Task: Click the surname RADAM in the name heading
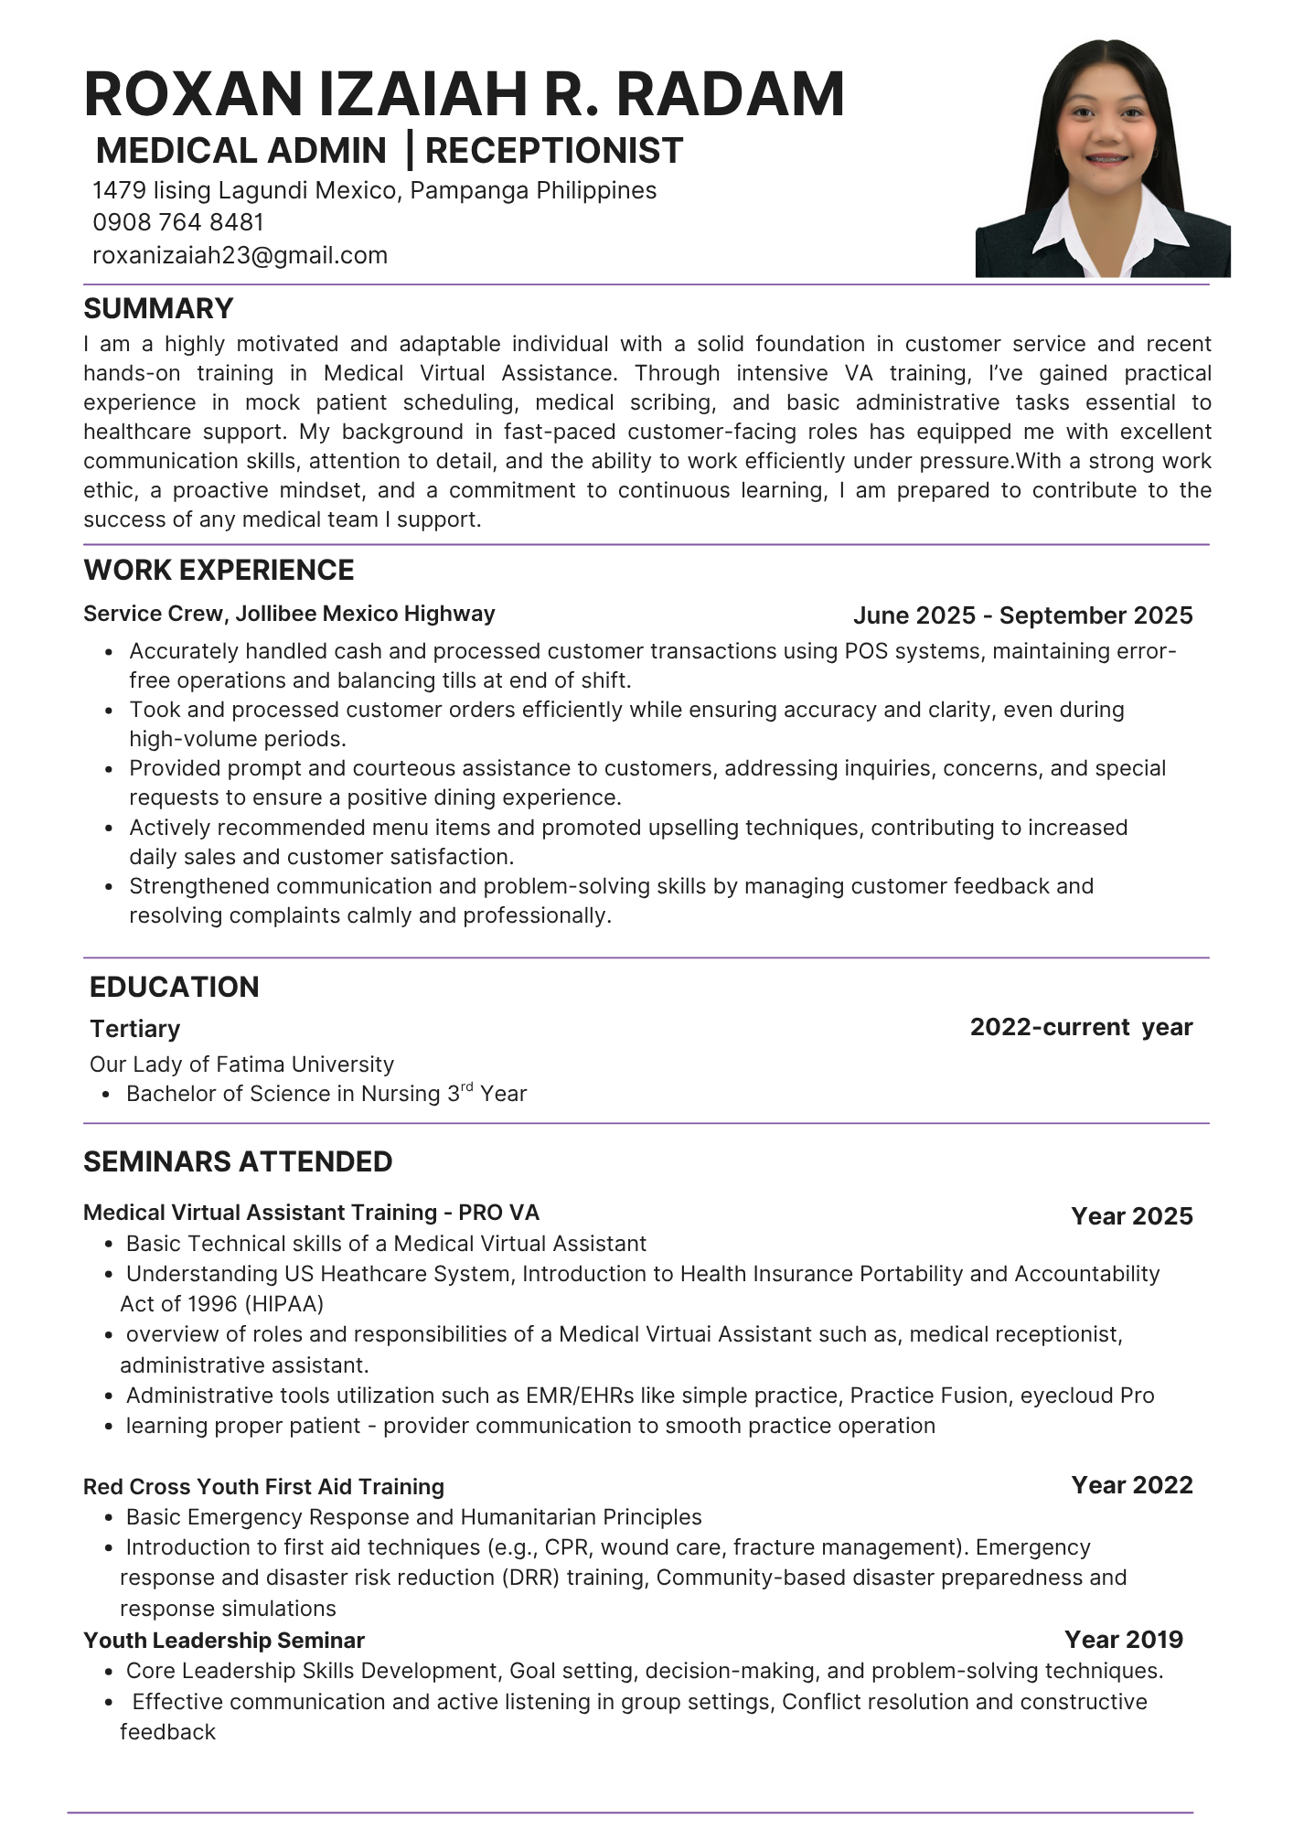731,94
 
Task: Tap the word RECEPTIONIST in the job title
554,151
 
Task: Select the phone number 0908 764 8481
178,222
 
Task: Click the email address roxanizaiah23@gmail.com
240,255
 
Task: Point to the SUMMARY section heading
158,308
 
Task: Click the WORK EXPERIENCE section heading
219,570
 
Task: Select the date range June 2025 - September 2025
1022,615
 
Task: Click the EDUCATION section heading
174,987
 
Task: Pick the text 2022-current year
1081,1027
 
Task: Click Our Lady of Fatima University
241,1064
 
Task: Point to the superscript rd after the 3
466,1087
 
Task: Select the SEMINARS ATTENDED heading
238,1161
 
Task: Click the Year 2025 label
1132,1216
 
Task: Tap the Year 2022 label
1132,1485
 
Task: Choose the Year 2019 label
1124,1640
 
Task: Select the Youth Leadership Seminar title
224,1641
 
